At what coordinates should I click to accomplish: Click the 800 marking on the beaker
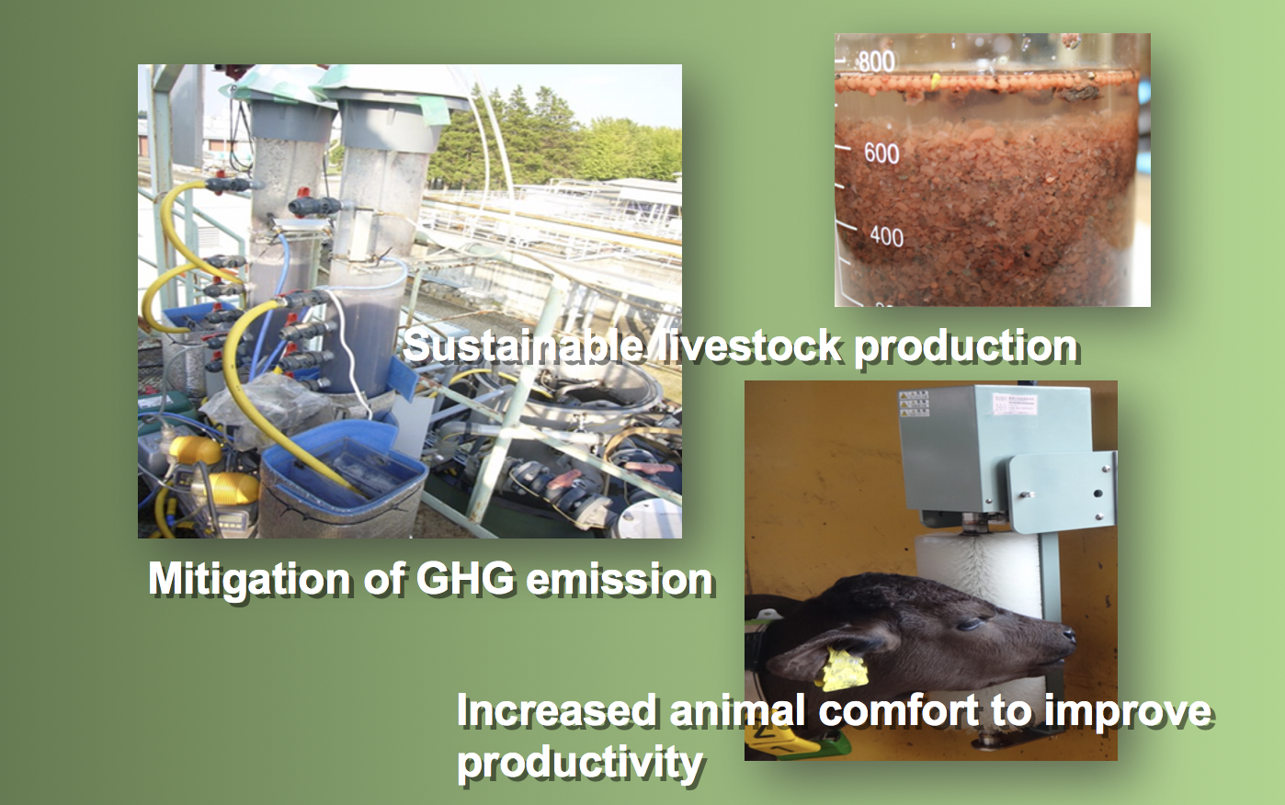tap(877, 62)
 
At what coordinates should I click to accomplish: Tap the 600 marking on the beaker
tap(881, 153)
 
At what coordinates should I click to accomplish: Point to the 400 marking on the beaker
tap(886, 236)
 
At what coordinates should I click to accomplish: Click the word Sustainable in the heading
tap(524, 346)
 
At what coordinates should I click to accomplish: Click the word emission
tap(620, 579)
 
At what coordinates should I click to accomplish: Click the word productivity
tap(580, 764)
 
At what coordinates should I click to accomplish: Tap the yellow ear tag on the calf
tap(844, 669)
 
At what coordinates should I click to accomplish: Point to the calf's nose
tap(1067, 635)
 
